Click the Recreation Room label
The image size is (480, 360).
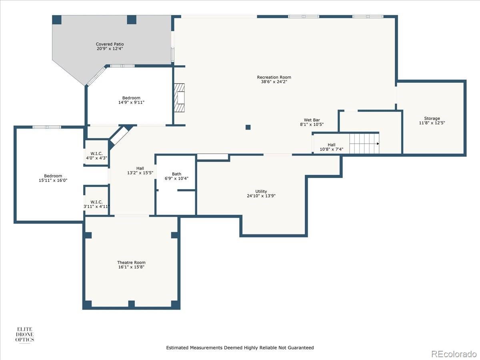(274, 77)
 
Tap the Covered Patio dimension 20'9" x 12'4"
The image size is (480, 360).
(110, 49)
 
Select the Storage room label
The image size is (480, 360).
(432, 118)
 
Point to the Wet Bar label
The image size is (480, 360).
(312, 120)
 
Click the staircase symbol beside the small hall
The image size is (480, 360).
(364, 144)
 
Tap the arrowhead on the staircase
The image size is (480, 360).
(377, 144)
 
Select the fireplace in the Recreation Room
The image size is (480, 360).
(180, 98)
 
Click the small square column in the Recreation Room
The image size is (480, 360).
(248, 127)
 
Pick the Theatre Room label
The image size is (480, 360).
(131, 262)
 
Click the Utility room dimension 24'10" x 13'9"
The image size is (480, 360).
(261, 196)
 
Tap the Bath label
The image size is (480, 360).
(176, 174)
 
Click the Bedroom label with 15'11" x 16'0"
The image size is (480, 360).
(53, 176)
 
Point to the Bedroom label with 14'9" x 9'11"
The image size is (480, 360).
(131, 98)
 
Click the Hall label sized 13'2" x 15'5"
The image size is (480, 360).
(140, 168)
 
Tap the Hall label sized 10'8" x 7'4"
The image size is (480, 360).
(332, 145)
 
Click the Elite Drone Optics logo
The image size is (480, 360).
(24, 334)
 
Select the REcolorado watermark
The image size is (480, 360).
(454, 354)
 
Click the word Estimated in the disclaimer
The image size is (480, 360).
(177, 348)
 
